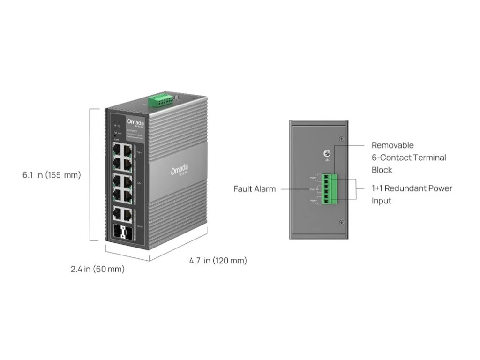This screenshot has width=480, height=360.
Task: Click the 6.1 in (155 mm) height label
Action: pyautogui.click(x=52, y=175)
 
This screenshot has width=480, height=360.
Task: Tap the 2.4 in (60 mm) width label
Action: pyautogui.click(x=97, y=269)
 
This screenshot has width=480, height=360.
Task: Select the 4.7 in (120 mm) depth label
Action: pyautogui.click(x=218, y=261)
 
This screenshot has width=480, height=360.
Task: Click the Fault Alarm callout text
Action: pyautogui.click(x=255, y=189)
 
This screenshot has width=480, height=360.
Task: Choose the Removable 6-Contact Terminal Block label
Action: pyautogui.click(x=409, y=157)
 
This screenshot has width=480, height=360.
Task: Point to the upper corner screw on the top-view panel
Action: pyautogui.click(x=342, y=138)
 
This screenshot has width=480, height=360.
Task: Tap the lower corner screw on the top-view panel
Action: pyautogui.click(x=342, y=222)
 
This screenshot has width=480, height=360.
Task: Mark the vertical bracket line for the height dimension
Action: pyautogui.click(x=90, y=174)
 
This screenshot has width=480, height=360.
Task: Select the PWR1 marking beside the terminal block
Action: pyautogui.click(x=313, y=178)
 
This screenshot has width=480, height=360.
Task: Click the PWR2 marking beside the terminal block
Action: pyautogui.click(x=313, y=201)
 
